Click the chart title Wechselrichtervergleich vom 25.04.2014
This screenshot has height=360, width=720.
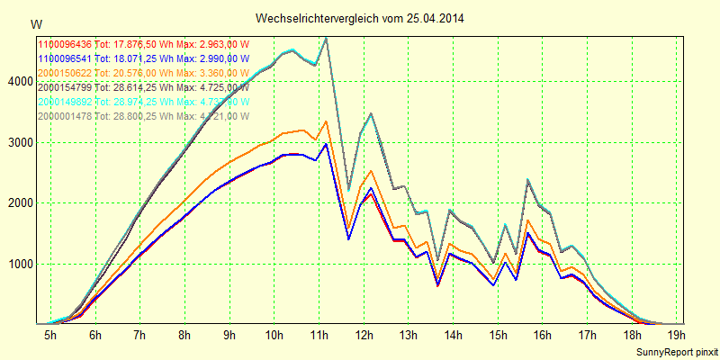click(x=360, y=18)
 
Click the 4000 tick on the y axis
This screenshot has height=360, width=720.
click(x=20, y=82)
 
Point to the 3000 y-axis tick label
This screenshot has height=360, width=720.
click(x=20, y=142)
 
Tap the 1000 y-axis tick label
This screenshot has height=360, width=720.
click(x=20, y=264)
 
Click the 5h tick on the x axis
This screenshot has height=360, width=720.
click(x=50, y=336)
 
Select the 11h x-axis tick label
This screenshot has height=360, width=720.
click(x=318, y=336)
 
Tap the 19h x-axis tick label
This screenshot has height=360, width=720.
click(x=674, y=336)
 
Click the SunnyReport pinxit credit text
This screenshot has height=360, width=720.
click(x=675, y=350)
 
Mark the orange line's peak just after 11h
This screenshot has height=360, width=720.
click(x=326, y=121)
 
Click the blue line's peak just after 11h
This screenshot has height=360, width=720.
click(x=326, y=143)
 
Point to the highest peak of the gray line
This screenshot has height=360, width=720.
click(x=326, y=38)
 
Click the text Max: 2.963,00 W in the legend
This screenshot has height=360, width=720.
click(x=212, y=44)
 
